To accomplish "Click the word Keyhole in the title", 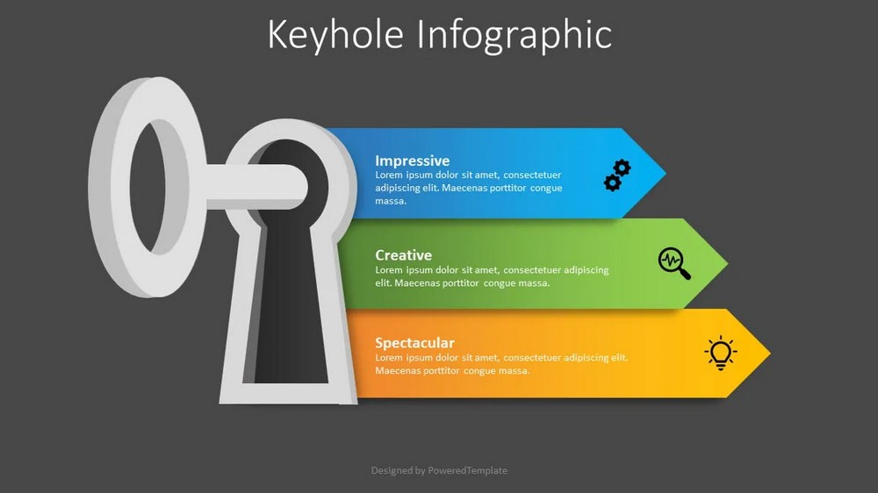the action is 335,35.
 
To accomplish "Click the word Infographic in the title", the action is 514,36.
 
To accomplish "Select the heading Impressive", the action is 412,161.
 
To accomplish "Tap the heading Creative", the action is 403,255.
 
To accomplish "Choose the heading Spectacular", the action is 414,342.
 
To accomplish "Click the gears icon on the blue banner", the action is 617,175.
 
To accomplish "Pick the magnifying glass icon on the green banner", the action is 674,263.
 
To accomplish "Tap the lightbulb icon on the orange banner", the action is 721,353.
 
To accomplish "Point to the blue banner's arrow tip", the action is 666,174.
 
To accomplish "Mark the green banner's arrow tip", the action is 727,263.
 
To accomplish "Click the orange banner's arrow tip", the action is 770,354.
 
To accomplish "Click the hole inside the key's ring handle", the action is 148,186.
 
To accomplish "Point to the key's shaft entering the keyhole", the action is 255,187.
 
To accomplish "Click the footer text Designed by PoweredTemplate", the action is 439,470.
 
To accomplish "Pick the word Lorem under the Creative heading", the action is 389,269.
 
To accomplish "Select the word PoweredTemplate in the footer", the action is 468,470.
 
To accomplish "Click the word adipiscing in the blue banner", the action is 397,188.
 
